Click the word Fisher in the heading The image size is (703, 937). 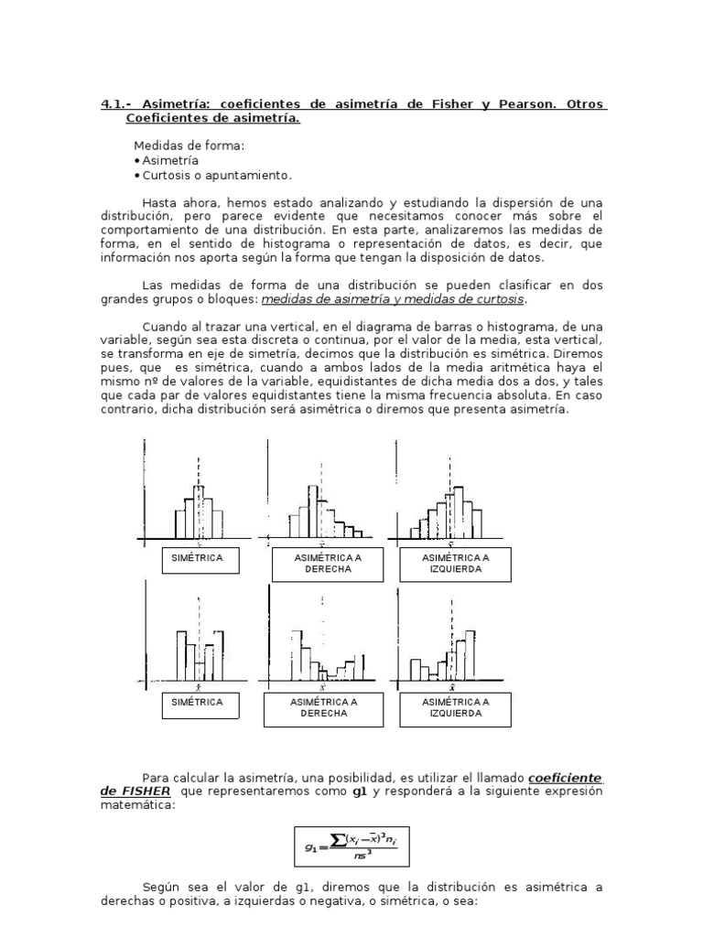pos(449,104)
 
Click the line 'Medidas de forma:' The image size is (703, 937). pos(189,145)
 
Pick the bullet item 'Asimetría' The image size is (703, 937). pos(170,160)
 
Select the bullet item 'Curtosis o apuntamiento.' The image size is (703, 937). pos(216,175)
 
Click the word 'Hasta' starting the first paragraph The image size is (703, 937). pos(161,202)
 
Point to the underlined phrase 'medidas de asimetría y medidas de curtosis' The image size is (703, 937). pos(395,299)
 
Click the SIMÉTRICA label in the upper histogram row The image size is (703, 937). pos(199,557)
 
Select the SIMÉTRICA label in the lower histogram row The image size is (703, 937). pos(199,702)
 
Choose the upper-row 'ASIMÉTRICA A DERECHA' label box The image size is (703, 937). pos(328,562)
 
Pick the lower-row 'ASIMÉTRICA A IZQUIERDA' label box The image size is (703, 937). pos(456,707)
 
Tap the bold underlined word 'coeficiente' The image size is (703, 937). pos(566,778)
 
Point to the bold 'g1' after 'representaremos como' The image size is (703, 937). pos(359,792)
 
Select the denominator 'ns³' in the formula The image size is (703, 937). pos(363,857)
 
